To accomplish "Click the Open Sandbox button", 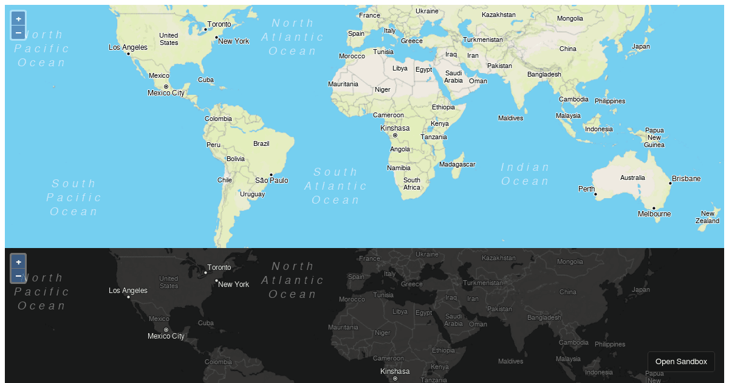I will click(681, 362).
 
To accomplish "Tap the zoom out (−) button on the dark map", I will click(18, 275).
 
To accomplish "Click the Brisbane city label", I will click(686, 179).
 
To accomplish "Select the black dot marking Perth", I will click(595, 195).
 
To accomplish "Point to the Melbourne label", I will click(654, 214).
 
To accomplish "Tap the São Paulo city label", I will click(272, 181).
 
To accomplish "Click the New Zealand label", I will click(707, 217).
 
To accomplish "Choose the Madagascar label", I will click(457, 164).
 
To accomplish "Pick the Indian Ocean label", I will click(525, 174).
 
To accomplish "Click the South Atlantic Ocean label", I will click(336, 186).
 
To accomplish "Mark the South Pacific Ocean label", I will click(74, 198).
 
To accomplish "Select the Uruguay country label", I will click(252, 195).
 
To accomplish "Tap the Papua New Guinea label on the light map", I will click(654, 137).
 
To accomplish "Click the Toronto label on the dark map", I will click(219, 267).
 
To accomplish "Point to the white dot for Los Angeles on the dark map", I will click(128, 297).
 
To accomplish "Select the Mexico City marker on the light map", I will click(166, 86).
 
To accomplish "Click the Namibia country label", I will click(399, 168).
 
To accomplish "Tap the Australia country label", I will click(632, 178).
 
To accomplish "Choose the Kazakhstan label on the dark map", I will click(498, 258).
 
